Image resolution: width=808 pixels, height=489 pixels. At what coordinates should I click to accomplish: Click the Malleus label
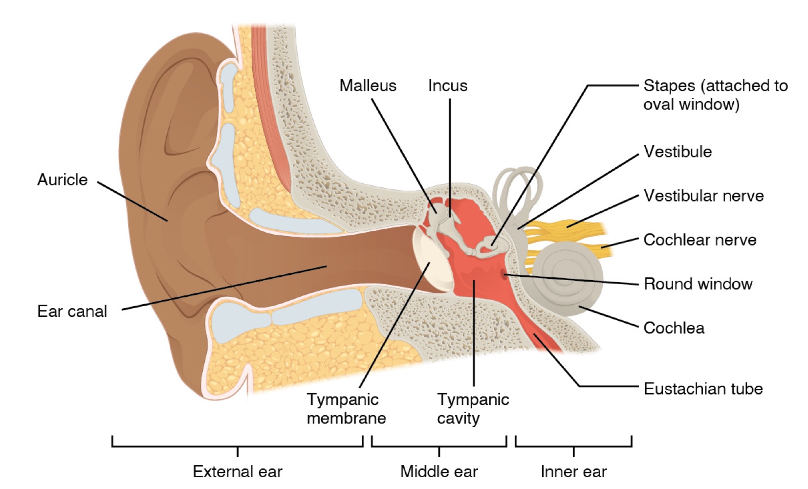click(x=368, y=86)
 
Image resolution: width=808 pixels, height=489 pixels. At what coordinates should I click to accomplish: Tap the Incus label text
click(x=447, y=86)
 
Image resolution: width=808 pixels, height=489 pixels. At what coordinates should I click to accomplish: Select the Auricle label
click(x=62, y=179)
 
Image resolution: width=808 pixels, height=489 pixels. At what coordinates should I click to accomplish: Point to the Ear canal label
click(x=72, y=311)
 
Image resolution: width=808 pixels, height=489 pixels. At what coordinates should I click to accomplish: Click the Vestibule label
click(x=677, y=152)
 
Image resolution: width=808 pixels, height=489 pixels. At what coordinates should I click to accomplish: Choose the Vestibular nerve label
click(x=703, y=196)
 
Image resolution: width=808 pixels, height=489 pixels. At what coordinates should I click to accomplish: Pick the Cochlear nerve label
click(x=699, y=240)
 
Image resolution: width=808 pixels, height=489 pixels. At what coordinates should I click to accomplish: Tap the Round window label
click(x=698, y=284)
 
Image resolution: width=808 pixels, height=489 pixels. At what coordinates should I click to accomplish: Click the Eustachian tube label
click(x=702, y=389)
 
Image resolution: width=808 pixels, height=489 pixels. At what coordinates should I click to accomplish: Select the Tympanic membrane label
click(x=346, y=408)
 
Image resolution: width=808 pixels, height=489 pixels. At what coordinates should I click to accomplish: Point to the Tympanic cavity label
click(x=473, y=408)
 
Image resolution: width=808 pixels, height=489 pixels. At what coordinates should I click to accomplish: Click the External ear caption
click(x=238, y=471)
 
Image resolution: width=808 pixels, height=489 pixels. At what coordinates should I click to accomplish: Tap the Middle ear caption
click(x=438, y=471)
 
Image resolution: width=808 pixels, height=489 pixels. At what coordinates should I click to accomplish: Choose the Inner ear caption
click(x=573, y=471)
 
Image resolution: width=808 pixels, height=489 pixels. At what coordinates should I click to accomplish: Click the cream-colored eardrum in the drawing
click(x=433, y=262)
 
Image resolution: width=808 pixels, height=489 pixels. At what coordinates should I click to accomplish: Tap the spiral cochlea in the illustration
click(x=567, y=276)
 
